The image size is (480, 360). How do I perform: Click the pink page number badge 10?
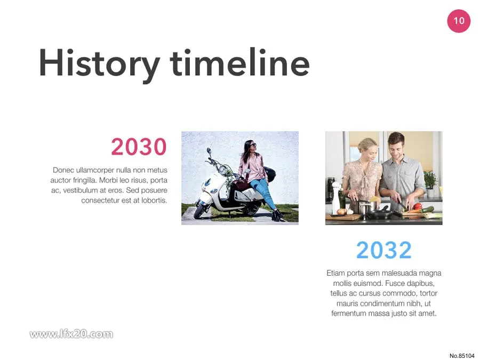click(x=459, y=21)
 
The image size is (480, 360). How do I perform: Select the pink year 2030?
click(x=139, y=147)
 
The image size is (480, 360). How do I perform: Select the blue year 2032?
click(x=384, y=250)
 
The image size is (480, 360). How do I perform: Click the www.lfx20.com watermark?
click(x=71, y=334)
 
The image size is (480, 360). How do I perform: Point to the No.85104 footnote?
click(x=462, y=356)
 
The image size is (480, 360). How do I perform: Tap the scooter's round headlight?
click(x=223, y=169)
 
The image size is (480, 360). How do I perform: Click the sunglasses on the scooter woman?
click(x=253, y=145)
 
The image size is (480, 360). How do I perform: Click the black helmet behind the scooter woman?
click(x=270, y=173)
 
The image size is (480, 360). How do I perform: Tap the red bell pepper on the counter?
click(x=418, y=206)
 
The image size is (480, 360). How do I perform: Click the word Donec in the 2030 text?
click(x=63, y=170)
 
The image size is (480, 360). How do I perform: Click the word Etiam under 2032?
click(x=335, y=273)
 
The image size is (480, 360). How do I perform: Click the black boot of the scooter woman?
click(x=277, y=215)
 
